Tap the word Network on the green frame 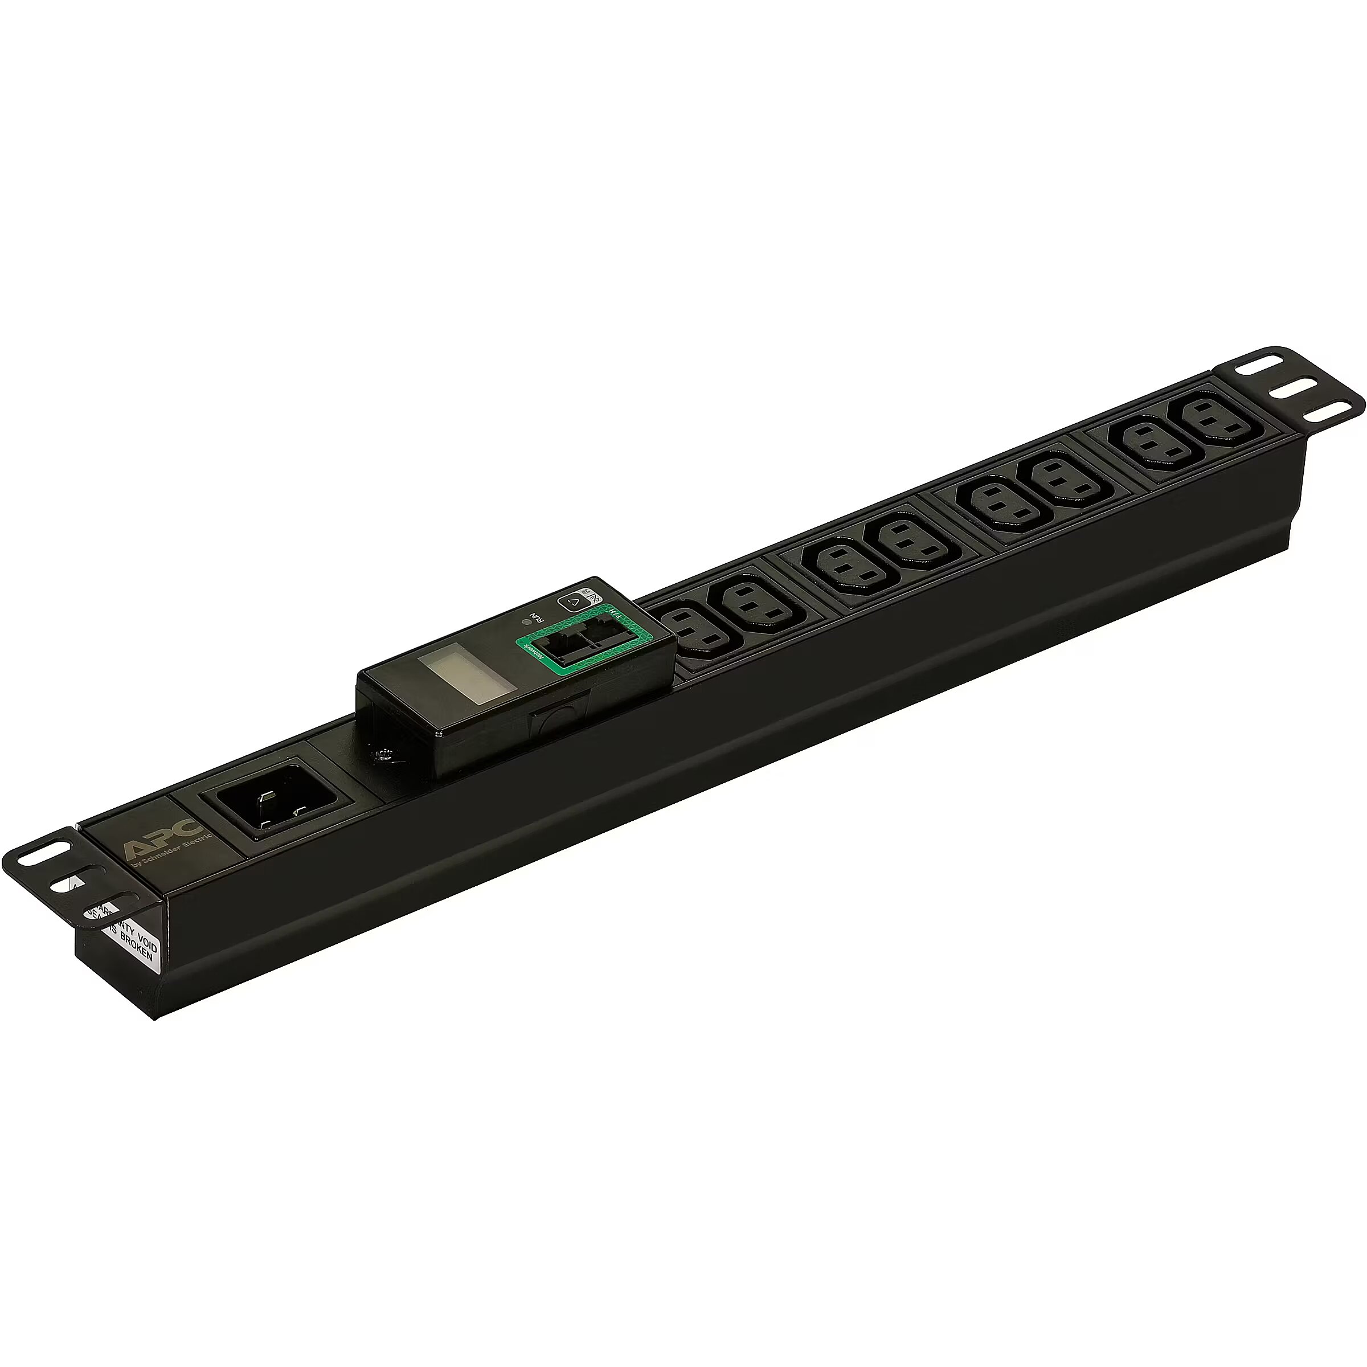pos(533,652)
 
